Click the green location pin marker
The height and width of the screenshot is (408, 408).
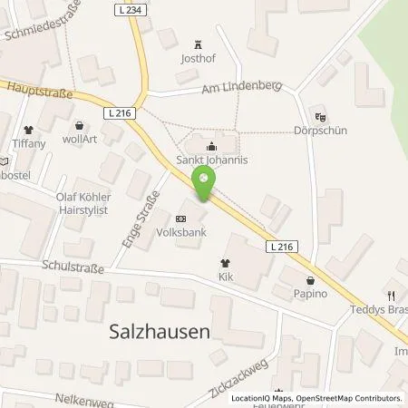coord(203,186)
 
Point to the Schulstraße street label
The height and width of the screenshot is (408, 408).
coord(73,269)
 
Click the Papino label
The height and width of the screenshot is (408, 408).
coord(311,295)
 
